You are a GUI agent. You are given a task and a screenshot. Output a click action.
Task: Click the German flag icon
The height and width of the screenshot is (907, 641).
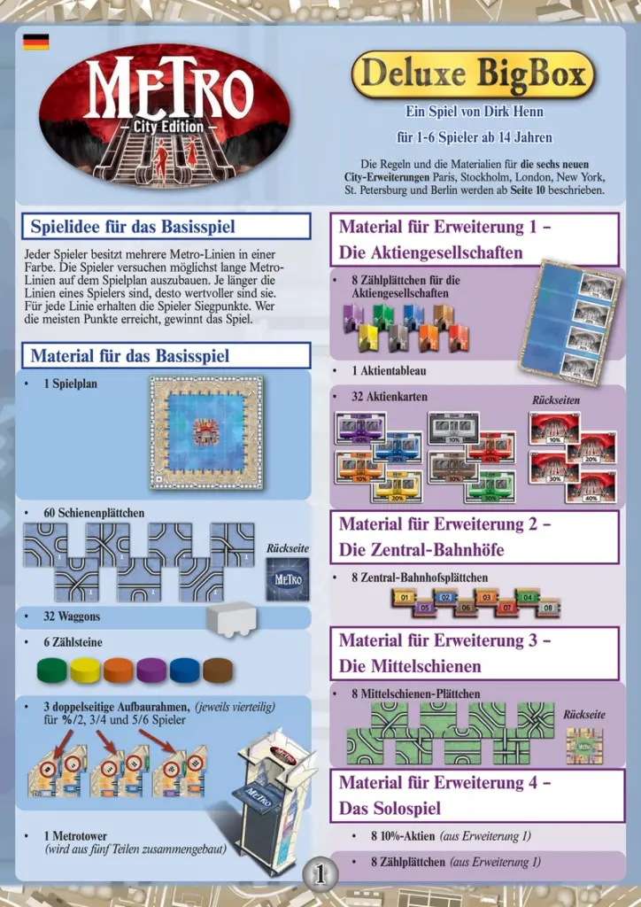pos(36,42)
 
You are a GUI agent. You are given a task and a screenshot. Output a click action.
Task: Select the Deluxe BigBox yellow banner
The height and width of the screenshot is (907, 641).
pos(473,74)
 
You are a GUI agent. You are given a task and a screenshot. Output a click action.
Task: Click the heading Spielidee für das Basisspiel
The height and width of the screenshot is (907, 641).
pos(133,226)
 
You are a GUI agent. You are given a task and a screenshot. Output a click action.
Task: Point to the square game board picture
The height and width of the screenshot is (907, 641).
pos(205,431)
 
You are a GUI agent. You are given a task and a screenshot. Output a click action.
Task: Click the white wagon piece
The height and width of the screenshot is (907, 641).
pos(232,618)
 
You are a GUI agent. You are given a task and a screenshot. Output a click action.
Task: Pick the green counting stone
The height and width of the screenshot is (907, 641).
pos(52,669)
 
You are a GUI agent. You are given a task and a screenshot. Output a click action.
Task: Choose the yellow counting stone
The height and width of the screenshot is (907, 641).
pos(86,669)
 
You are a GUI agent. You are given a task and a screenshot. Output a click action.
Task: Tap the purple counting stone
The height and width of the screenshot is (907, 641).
pos(151,669)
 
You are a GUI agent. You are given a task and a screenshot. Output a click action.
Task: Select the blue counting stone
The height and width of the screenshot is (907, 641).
pos(185,669)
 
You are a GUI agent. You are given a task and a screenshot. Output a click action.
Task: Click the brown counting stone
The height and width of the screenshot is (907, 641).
pos(218,669)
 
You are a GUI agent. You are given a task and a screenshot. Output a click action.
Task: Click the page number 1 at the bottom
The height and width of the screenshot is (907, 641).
pos(320,875)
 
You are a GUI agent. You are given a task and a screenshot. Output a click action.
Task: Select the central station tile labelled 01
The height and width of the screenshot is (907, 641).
pos(404,598)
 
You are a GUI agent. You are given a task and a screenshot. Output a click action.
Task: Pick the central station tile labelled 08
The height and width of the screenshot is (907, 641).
pos(547,609)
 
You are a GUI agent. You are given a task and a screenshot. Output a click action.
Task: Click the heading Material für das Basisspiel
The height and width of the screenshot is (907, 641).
pos(130,356)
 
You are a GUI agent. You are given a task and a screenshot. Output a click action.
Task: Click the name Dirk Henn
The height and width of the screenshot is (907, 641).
pos(514,112)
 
